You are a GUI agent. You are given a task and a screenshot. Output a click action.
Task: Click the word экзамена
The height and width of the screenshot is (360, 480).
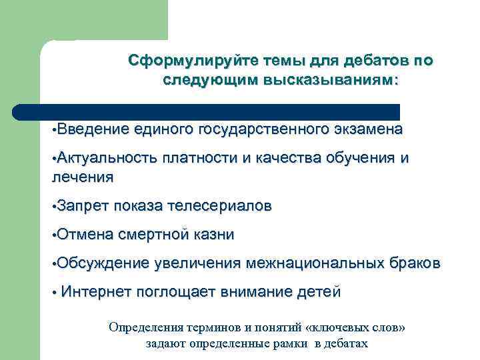369,129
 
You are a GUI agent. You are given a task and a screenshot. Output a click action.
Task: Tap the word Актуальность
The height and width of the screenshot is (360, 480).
107,158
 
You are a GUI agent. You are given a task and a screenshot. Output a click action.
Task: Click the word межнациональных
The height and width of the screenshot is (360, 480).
315,263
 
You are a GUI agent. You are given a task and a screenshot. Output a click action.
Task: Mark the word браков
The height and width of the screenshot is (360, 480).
415,263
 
